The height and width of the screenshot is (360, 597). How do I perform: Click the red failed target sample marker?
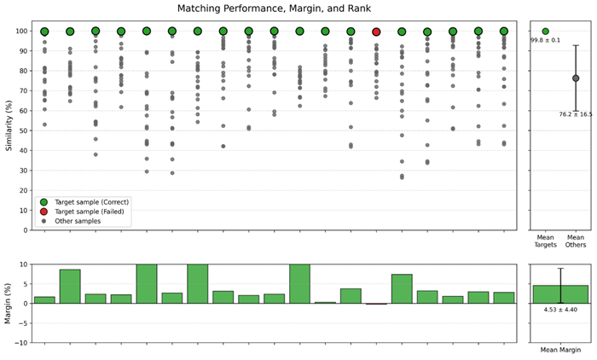[x=376, y=32]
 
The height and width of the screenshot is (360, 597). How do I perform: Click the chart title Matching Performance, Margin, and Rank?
[x=274, y=9]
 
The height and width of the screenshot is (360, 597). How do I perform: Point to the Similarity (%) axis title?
[x=9, y=125]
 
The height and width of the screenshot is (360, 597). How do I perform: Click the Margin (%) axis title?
[x=8, y=303]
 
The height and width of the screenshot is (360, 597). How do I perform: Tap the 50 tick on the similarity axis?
[x=25, y=131]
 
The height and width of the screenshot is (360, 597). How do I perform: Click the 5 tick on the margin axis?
[x=26, y=284]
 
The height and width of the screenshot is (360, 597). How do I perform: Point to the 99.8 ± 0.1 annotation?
[x=546, y=40]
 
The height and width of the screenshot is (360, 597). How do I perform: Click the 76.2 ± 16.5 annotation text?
[x=576, y=114]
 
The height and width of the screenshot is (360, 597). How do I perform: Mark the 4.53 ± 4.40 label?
[x=560, y=310]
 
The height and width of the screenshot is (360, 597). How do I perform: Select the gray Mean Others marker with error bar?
[x=576, y=78]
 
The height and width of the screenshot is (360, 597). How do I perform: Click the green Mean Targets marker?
[x=546, y=32]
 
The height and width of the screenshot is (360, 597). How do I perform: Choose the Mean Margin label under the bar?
[x=561, y=350]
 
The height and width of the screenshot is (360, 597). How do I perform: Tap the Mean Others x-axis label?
[x=576, y=241]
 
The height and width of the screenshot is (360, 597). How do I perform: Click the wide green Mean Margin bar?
[x=560, y=294]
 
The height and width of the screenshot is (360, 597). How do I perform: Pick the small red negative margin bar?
[x=376, y=304]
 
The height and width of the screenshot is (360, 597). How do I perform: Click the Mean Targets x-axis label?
[x=546, y=241]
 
